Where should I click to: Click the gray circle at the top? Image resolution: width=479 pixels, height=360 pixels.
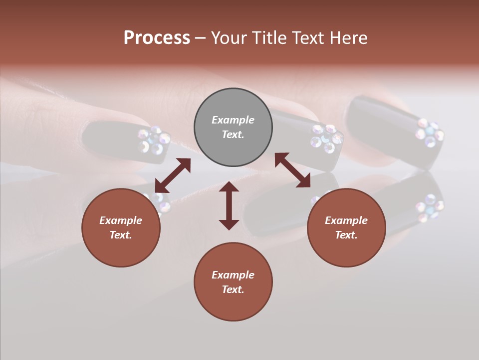click(233, 127)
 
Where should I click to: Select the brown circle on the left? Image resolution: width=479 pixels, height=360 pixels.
click(121, 227)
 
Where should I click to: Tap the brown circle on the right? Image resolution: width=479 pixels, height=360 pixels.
click(346, 227)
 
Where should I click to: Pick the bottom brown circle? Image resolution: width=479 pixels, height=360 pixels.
click(233, 282)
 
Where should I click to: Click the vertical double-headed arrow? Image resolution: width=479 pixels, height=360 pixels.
click(229, 205)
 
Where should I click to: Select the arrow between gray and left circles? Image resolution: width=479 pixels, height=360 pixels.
click(173, 175)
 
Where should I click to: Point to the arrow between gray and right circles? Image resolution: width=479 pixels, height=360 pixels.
click(292, 170)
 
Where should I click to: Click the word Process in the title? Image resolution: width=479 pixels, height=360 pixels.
click(157, 38)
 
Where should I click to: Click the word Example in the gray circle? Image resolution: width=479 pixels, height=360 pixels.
click(233, 120)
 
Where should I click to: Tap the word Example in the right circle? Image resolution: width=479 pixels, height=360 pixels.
click(346, 220)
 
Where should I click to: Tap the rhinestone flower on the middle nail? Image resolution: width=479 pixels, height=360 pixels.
click(327, 137)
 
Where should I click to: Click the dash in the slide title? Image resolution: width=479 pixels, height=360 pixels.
click(201, 38)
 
